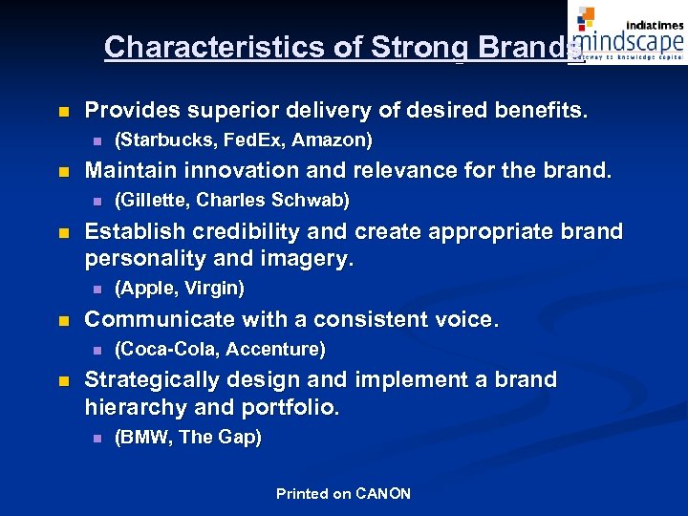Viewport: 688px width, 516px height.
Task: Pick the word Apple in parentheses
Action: click(140, 288)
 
